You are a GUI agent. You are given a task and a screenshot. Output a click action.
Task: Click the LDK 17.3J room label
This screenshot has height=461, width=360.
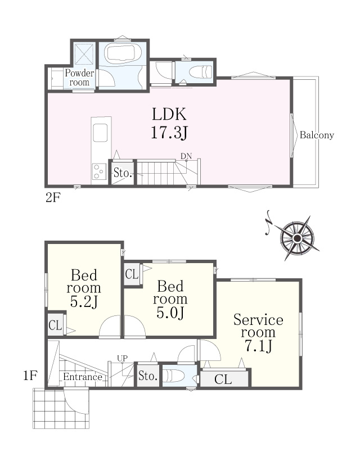pos(169,123)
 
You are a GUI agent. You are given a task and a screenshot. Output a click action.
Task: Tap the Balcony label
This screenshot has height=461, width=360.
pos(317,135)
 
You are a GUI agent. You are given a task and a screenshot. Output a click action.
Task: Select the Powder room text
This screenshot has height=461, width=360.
pos(79,78)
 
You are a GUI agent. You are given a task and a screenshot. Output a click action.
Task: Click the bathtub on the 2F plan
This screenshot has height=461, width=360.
pos(122,53)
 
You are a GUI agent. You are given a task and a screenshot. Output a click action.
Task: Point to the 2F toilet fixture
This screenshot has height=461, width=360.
pos(200,72)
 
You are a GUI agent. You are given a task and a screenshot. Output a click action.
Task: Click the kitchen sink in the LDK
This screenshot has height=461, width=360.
pos(100,133)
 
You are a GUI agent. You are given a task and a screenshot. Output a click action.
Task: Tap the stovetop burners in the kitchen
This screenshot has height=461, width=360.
pos(99,171)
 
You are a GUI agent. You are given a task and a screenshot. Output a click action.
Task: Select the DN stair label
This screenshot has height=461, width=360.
pos(186,156)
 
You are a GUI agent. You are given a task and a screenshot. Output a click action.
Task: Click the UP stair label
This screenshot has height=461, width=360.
pos(123,358)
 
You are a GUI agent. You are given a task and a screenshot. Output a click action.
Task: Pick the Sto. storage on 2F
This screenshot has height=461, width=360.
pos(123,173)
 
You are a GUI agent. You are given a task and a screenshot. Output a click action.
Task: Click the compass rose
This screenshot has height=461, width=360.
pos(297,238)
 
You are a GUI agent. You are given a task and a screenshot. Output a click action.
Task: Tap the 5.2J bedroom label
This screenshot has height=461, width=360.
pos(84,288)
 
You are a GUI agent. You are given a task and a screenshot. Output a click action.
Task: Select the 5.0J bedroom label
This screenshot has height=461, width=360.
pos(170,299)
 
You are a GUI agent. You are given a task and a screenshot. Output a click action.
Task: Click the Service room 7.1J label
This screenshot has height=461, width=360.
pos(258,333)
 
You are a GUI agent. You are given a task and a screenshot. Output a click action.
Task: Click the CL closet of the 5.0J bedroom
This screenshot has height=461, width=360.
pos(132,274)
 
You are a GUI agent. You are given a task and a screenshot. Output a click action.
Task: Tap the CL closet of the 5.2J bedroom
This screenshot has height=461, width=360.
pos(55,325)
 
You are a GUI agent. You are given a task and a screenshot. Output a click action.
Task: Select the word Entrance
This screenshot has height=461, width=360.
pos(83,377)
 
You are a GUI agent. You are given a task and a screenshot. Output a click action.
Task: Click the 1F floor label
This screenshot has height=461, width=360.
pos(30,376)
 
